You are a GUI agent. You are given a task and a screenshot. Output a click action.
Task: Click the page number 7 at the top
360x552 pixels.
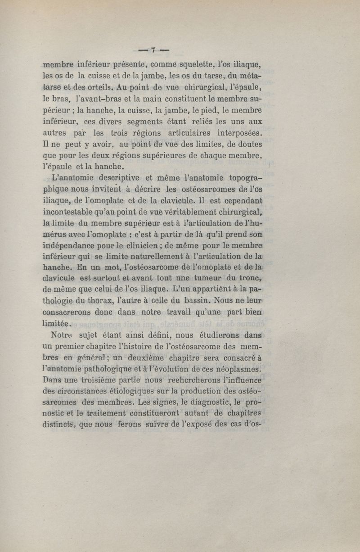pos(153,50)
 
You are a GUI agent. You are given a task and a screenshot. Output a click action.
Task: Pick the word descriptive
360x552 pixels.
pos(117,177)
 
